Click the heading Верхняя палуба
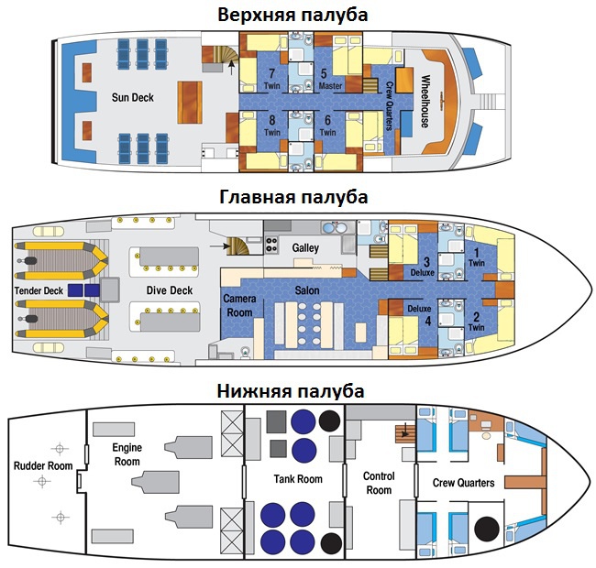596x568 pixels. coord(292,16)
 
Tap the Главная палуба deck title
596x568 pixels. coord(293,197)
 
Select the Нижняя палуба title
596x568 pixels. coord(291,391)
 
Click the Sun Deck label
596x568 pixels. coord(133,98)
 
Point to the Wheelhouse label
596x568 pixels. coord(425,101)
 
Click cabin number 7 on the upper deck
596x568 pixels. coord(271,72)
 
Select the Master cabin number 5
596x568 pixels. coord(324,73)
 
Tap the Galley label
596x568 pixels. coord(305,248)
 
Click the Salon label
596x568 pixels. coord(307,290)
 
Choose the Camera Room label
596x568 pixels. coord(239,306)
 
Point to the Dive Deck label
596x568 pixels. coord(170,290)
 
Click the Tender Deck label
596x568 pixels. coord(39,290)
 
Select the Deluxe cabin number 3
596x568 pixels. coord(427,262)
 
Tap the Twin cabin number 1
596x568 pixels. coord(477,253)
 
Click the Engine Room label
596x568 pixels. coord(127,454)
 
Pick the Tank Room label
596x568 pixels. coord(298,479)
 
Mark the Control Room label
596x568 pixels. coord(379,483)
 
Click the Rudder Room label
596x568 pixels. coord(43,466)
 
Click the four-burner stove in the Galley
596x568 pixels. coord(271,245)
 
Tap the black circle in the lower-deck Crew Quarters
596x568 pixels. coord(487,529)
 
